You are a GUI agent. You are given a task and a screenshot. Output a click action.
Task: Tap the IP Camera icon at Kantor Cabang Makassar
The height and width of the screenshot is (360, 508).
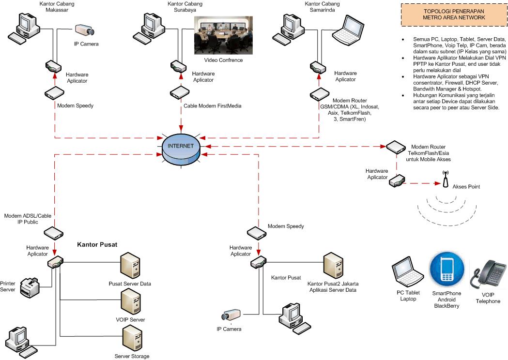click(x=85, y=30)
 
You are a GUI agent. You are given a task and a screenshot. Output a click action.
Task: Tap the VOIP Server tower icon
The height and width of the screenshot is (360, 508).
click(x=129, y=301)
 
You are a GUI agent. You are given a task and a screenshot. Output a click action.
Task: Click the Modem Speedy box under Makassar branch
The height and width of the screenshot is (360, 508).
click(x=54, y=93)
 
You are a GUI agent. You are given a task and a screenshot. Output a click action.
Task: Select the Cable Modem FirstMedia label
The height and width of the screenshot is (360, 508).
click(x=212, y=105)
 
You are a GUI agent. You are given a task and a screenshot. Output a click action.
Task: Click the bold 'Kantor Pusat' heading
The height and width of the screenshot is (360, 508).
click(x=97, y=245)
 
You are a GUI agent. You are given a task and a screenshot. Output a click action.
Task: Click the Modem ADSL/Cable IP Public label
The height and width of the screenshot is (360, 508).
click(x=28, y=218)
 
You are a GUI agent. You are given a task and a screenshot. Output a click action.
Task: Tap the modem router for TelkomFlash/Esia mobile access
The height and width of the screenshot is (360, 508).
click(x=395, y=146)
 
